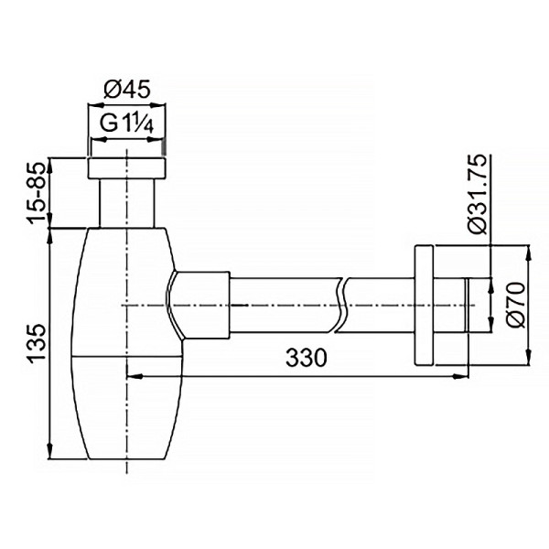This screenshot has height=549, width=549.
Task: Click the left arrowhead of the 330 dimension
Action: pyautogui.click(x=131, y=373)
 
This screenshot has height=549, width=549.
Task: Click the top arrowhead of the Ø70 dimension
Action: pyautogui.click(x=528, y=250)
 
